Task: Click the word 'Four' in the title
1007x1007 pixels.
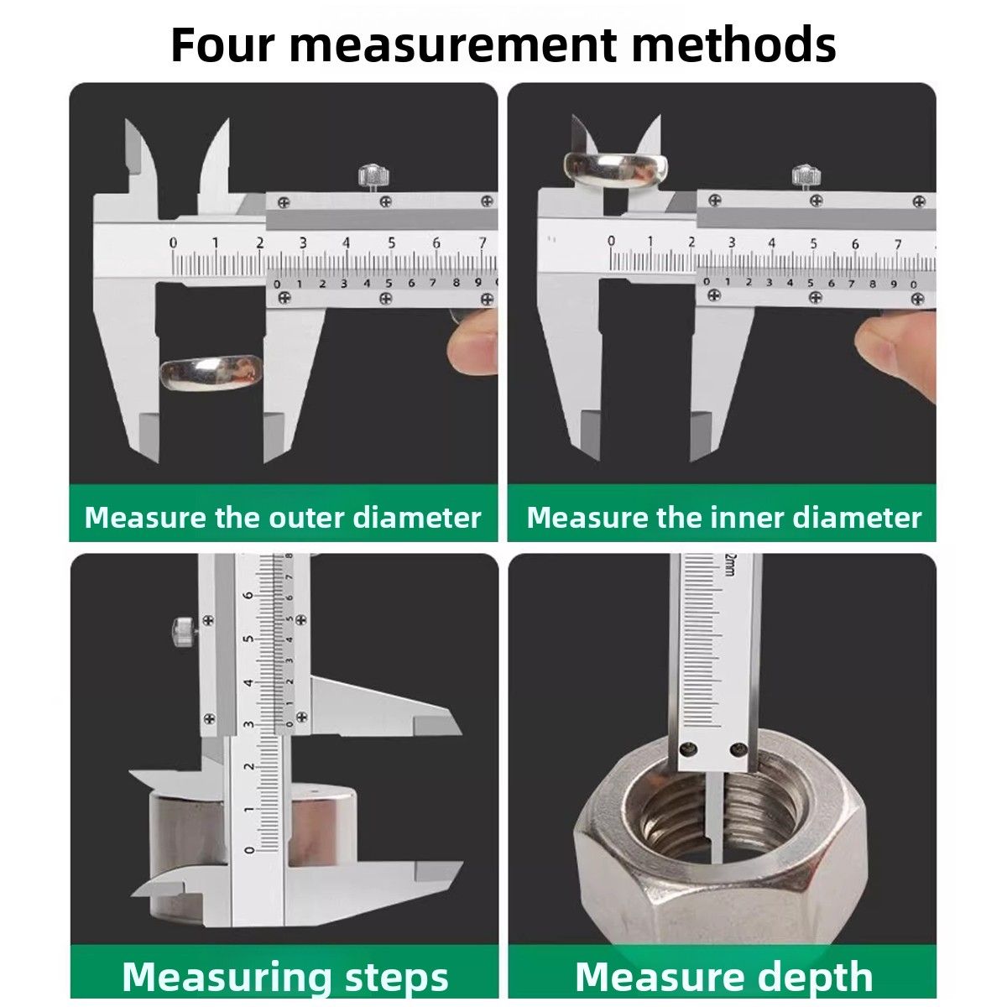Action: [x=222, y=45]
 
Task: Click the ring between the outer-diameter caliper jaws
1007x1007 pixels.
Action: [x=211, y=372]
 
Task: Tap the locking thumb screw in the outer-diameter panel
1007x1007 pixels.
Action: [x=374, y=177]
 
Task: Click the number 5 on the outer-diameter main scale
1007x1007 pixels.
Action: [x=391, y=243]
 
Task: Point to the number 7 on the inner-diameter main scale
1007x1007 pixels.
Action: [x=897, y=244]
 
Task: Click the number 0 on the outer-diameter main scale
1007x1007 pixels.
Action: [x=173, y=243]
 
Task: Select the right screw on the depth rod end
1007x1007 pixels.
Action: [x=738, y=750]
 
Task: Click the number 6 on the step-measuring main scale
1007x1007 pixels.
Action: [x=249, y=595]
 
